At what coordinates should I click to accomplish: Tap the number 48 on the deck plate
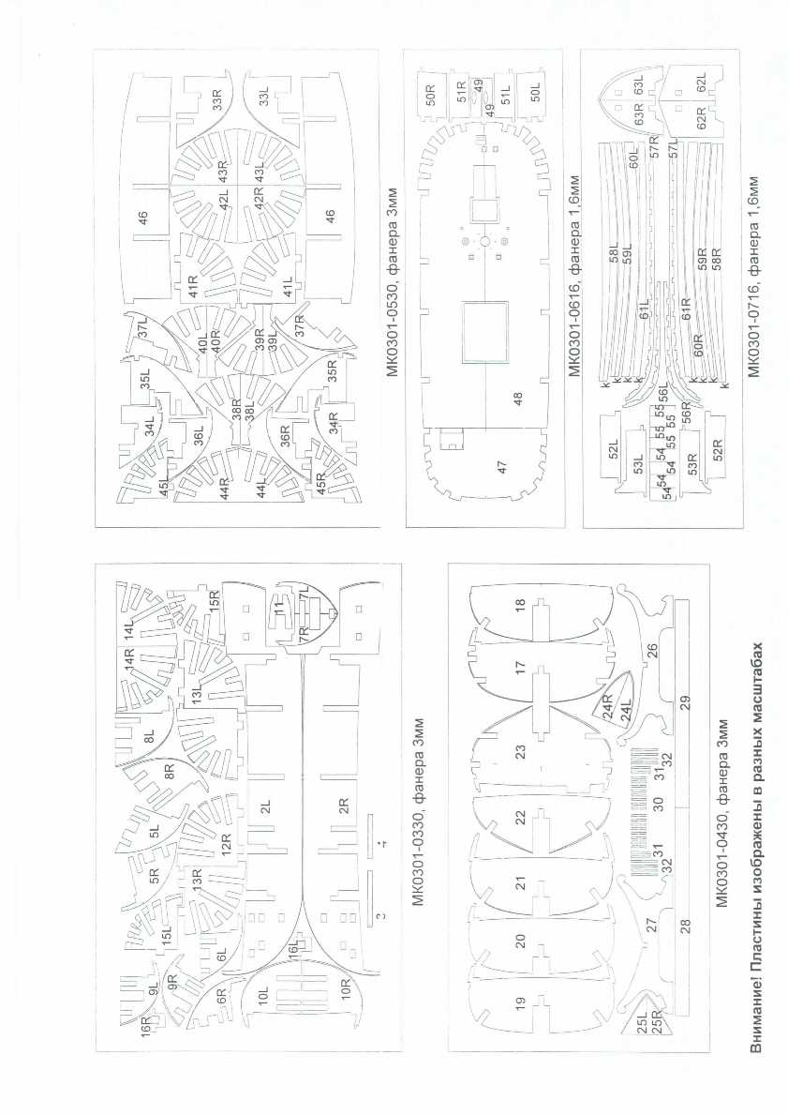pyautogui.click(x=516, y=397)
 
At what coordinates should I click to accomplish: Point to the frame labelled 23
pyautogui.click(x=521, y=750)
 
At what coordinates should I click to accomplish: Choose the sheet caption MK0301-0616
pyautogui.click(x=574, y=304)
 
